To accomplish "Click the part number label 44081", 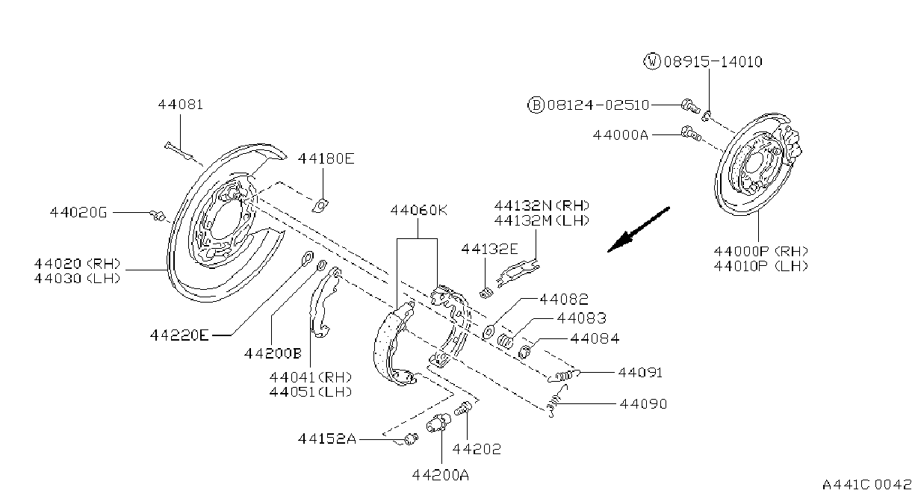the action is [x=181, y=105].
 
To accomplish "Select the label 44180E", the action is [x=326, y=158].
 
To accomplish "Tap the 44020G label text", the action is [x=78, y=212].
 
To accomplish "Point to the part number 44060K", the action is [x=418, y=211].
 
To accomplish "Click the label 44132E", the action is [x=489, y=249].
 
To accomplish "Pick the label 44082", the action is [x=564, y=299].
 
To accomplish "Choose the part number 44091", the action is [x=640, y=373].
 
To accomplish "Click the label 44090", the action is [x=643, y=404].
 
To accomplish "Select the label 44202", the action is [x=477, y=449].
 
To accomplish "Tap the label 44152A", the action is [x=327, y=439].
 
